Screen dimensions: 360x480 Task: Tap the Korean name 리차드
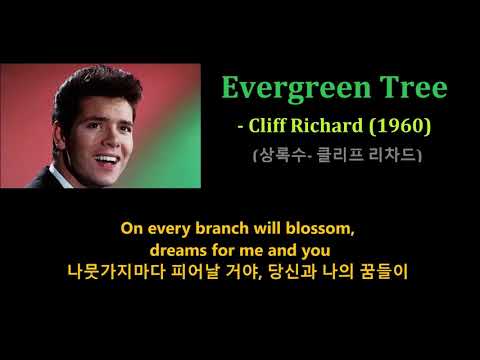pyautogui.click(x=398, y=155)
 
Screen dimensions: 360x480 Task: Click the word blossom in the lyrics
pyautogui.click(x=321, y=228)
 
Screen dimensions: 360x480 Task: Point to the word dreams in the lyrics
pyautogui.click(x=178, y=250)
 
